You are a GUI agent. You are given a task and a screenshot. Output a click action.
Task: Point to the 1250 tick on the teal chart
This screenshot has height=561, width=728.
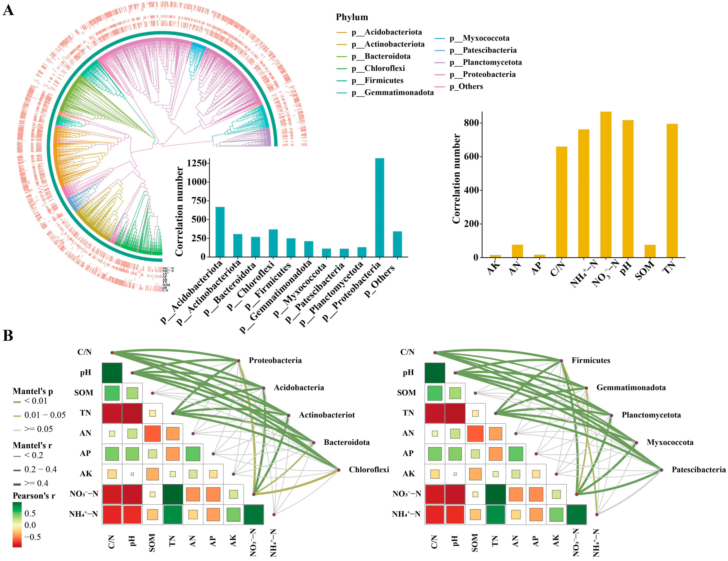click(197, 163)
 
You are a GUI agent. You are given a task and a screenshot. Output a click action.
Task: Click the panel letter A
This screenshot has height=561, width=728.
click(8, 10)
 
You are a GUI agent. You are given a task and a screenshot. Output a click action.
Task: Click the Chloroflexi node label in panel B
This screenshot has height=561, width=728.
click(369, 470)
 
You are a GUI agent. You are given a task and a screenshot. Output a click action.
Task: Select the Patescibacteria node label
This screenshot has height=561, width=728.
click(698, 470)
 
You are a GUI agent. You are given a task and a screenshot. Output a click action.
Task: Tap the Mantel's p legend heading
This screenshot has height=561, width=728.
click(33, 391)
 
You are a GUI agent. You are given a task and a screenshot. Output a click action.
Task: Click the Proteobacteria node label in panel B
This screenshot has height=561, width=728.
click(275, 360)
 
